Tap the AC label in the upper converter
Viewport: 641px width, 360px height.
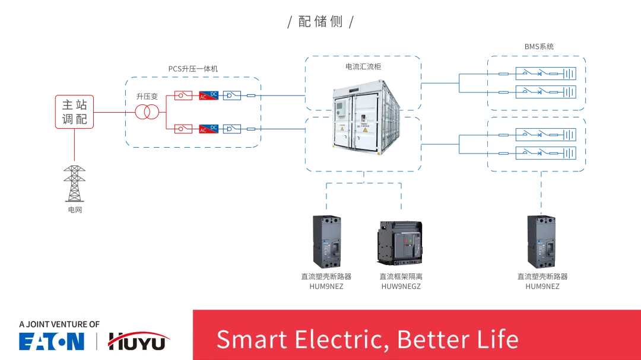coord(203,97)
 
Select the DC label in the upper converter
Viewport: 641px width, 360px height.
coord(214,94)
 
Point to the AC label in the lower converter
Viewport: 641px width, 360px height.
coord(203,130)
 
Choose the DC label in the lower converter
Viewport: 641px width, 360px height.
coord(214,128)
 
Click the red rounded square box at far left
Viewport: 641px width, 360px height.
coord(74,111)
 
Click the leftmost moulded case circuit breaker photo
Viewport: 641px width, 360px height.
coord(325,240)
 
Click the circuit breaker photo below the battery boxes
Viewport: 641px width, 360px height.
coord(541,240)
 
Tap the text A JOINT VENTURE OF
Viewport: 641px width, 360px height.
coord(59,324)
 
